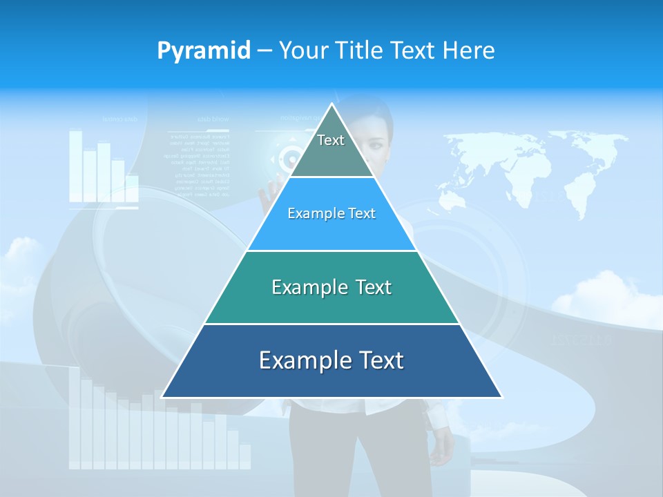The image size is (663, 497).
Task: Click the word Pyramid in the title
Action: click(x=204, y=50)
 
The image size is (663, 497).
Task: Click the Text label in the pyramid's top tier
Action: click(x=331, y=140)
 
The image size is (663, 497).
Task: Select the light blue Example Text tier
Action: click(x=331, y=214)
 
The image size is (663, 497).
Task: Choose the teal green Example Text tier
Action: click(x=331, y=287)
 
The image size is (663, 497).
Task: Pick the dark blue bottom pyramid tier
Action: click(x=331, y=360)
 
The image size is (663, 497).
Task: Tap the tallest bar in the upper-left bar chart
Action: click(x=75, y=166)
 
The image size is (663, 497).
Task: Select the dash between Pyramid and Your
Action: click(x=265, y=51)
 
